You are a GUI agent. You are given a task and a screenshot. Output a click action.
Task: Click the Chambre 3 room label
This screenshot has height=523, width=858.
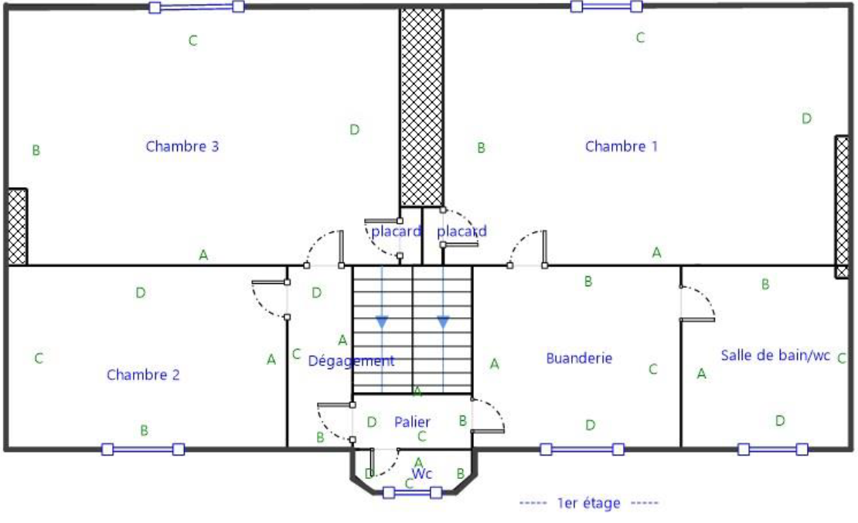tap(182, 146)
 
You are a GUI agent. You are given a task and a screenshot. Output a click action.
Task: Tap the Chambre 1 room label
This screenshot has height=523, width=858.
tap(621, 146)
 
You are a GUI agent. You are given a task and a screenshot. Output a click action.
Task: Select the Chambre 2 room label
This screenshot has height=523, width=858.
tap(143, 374)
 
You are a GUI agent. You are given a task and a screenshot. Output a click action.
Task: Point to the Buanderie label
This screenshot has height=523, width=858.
tap(579, 358)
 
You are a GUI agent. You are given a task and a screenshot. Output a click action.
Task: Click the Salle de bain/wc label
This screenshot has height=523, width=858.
tap(775, 355)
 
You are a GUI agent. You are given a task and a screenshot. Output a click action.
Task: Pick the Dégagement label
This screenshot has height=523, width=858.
tap(351, 361)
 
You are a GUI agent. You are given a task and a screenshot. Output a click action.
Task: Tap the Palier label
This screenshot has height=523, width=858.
tap(412, 422)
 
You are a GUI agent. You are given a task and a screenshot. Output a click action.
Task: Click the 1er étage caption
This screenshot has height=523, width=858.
tap(589, 503)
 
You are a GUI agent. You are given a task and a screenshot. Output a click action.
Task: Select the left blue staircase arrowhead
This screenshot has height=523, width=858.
tap(382, 322)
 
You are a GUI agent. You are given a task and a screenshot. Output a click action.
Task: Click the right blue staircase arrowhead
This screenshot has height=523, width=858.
tap(443, 322)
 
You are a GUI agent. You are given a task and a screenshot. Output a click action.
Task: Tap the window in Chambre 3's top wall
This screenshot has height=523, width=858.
tap(196, 7)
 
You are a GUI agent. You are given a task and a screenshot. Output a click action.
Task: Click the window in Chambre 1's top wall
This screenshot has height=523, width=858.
tap(606, 6)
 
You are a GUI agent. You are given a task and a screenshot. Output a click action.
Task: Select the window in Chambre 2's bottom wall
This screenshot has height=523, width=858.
tap(143, 450)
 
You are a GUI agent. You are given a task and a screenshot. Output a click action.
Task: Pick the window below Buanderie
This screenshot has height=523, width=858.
tap(582, 450)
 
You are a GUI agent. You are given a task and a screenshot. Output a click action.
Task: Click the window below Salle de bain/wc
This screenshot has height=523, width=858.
tap(772, 450)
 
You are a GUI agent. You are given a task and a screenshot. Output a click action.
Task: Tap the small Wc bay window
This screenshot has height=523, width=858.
tap(412, 493)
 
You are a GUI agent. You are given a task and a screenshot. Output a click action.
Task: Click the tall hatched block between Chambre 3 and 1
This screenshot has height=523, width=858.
tap(421, 108)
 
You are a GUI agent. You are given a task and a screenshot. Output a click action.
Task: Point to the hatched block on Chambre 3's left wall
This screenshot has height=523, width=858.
tap(17, 227)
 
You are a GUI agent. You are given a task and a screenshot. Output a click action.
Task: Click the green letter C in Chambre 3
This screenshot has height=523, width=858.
tap(192, 40)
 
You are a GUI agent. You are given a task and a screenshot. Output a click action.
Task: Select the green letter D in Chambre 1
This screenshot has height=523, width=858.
tap(806, 118)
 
